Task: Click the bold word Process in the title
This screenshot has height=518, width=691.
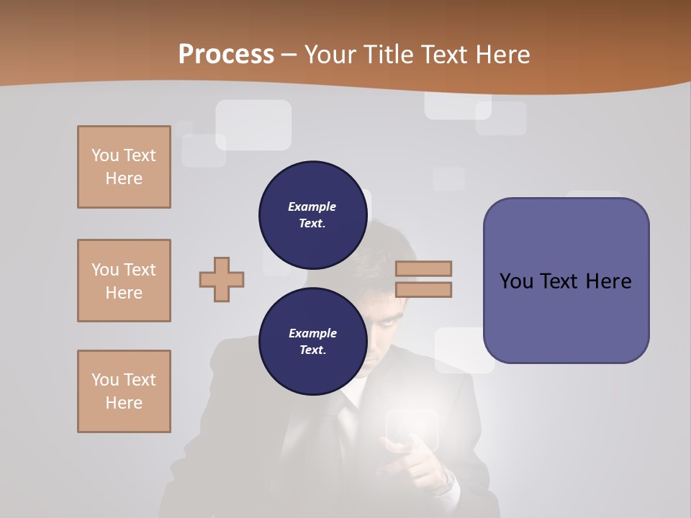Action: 226,54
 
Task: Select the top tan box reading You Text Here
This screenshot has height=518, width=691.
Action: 124,167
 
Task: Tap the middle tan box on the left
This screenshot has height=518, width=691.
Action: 124,281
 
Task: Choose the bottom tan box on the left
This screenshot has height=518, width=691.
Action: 124,391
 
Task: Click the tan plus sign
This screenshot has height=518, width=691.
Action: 222,278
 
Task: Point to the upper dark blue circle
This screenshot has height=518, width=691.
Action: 312,214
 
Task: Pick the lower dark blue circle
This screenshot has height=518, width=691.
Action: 312,341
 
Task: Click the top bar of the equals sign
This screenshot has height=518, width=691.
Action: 423,268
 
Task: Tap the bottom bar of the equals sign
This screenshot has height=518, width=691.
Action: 423,289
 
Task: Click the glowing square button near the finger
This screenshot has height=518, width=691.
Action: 412,430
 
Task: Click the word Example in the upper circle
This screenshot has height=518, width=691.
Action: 312,206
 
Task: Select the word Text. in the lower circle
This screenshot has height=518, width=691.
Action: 312,350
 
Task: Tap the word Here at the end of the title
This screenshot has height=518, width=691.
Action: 504,54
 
